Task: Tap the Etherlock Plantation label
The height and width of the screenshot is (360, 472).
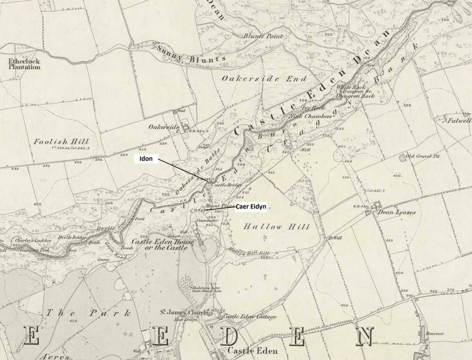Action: [x=24, y=64]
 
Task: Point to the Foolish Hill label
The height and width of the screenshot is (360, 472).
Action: [x=61, y=141]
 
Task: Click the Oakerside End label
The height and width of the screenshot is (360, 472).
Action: [x=264, y=79]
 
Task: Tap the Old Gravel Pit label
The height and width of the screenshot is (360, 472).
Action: [x=423, y=156]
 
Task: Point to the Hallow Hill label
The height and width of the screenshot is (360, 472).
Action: [x=277, y=227]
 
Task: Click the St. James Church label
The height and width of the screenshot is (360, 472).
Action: [x=183, y=312]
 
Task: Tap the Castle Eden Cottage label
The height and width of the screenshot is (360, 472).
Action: [x=250, y=316]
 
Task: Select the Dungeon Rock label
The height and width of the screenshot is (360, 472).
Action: [x=356, y=96]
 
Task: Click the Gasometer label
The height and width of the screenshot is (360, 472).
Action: [x=208, y=220]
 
